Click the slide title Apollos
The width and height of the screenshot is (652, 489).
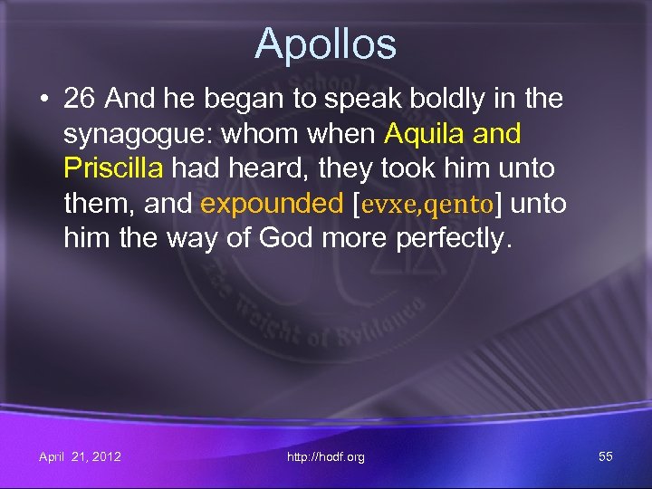325,43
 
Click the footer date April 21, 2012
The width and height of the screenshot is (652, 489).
80,456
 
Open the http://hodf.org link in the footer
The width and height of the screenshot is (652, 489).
325,457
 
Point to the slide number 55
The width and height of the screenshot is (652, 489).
605,456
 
